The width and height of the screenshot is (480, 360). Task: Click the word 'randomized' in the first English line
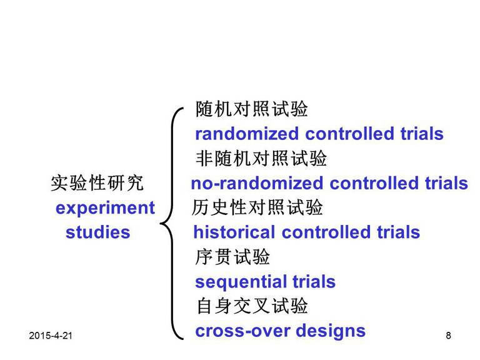click(x=247, y=134)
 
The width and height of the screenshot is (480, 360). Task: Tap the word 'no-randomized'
click(x=256, y=183)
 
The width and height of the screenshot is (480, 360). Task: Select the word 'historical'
click(x=234, y=232)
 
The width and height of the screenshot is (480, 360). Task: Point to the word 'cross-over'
click(x=242, y=331)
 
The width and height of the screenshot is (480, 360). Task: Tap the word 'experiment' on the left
click(x=105, y=209)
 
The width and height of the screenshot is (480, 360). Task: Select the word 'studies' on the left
click(x=98, y=232)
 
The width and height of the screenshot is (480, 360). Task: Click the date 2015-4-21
click(x=51, y=336)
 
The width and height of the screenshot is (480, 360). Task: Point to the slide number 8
click(x=449, y=336)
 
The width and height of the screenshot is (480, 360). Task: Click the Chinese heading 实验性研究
click(x=97, y=183)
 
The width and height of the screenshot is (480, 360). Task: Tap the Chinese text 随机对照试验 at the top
click(x=252, y=109)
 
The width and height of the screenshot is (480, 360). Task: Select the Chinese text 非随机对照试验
click(x=261, y=159)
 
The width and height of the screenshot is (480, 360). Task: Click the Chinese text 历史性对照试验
click(x=257, y=207)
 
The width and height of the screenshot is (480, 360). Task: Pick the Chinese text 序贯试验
click(x=232, y=257)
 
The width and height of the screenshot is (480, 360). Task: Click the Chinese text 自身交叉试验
click(x=252, y=306)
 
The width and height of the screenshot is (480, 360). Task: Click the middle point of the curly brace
click(x=161, y=224)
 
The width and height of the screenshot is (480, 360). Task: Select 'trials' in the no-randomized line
click(x=446, y=183)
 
